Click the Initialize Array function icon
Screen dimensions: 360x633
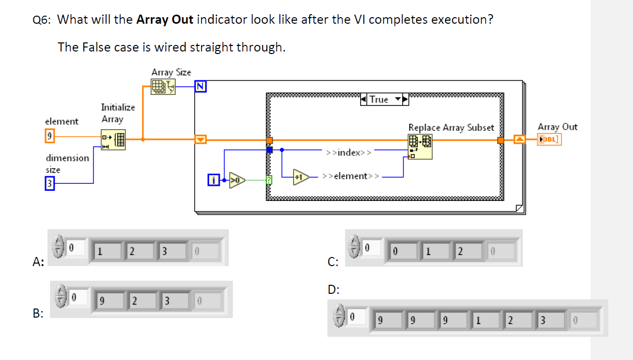[x=114, y=140]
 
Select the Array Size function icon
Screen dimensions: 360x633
[x=163, y=87]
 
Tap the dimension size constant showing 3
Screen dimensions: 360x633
[x=49, y=183]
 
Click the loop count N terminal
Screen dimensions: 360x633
[x=201, y=87]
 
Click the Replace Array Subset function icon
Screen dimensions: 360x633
[x=420, y=146]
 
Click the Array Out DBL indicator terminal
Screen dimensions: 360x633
[x=549, y=139]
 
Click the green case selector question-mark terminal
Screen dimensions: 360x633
[x=269, y=179]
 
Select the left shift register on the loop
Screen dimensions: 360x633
[x=201, y=139]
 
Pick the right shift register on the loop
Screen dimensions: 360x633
[x=519, y=139]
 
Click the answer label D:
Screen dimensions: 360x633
[x=333, y=290]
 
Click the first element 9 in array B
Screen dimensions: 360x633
[x=108, y=301]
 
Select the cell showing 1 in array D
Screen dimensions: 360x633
[x=484, y=320]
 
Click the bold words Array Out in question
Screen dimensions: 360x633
[x=165, y=20]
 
